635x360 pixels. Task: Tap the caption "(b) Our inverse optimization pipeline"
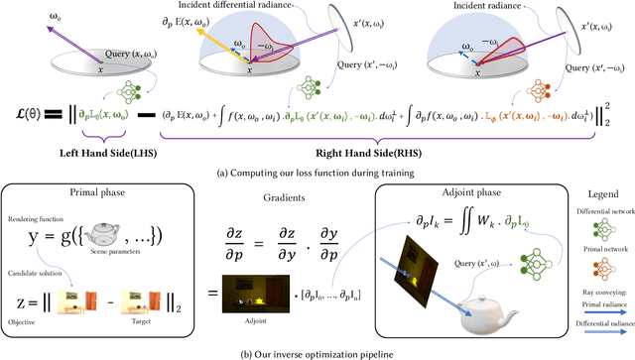pyautogui.click(x=317, y=353)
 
